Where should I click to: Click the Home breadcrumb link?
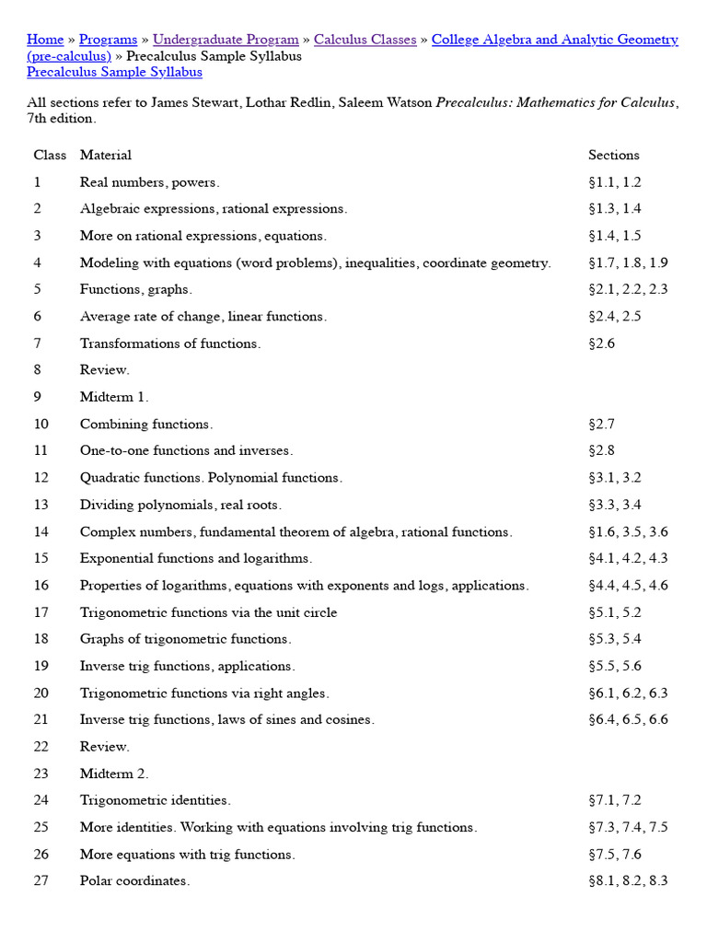[x=45, y=40]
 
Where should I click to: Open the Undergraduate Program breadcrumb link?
[x=226, y=40]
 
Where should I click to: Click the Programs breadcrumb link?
[x=108, y=40]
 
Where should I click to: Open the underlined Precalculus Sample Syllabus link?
[x=114, y=72]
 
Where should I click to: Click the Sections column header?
[x=613, y=155]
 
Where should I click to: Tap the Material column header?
[x=105, y=155]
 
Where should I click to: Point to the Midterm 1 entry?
[x=113, y=397]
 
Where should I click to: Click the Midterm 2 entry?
[x=113, y=774]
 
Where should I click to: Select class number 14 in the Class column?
[x=41, y=531]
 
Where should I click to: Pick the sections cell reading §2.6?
[x=601, y=343]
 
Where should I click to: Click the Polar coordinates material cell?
[x=134, y=881]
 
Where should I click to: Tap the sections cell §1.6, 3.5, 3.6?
[x=628, y=531]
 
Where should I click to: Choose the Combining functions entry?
[x=145, y=424]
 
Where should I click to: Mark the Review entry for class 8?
[x=104, y=370]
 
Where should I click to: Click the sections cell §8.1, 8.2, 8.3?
[x=628, y=881]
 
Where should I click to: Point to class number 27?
[x=41, y=881]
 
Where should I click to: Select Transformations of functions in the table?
[x=169, y=343]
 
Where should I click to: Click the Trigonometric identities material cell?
[x=155, y=800]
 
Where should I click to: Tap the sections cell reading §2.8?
[x=601, y=450]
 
